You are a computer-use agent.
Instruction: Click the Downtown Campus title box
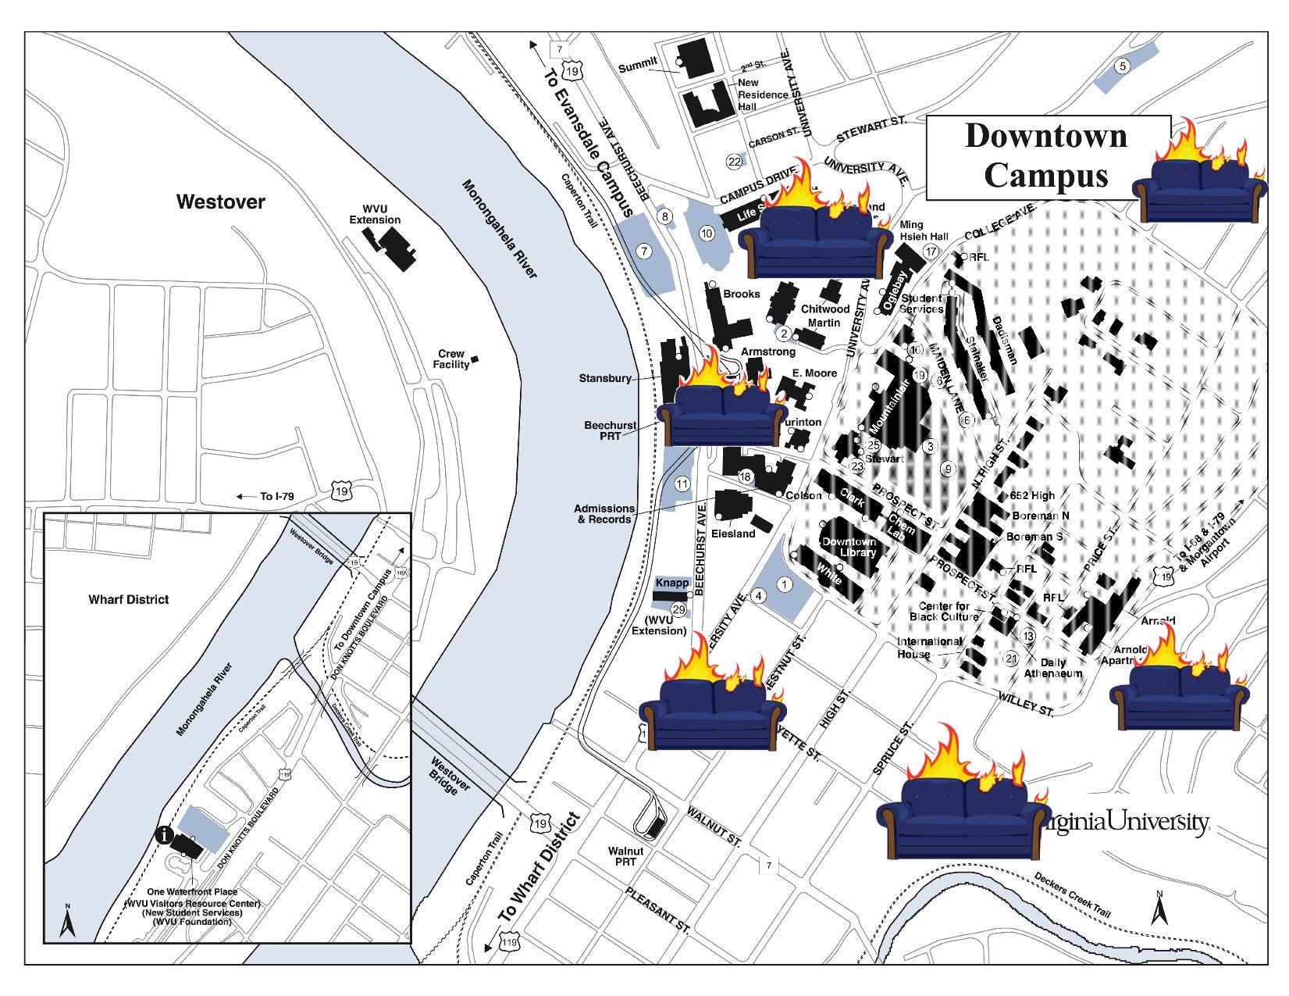point(1046,156)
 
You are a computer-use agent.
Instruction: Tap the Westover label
point(221,202)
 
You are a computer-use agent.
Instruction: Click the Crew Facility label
point(451,359)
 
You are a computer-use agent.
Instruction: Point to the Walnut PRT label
point(625,856)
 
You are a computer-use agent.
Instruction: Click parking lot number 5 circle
point(1122,66)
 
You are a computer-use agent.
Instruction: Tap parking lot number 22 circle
point(734,162)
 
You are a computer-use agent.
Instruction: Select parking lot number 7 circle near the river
point(644,252)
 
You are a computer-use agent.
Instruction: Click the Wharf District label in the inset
point(128,599)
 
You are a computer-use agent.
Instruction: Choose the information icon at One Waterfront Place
point(164,834)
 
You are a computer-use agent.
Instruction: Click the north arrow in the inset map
point(68,922)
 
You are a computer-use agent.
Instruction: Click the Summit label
point(638,66)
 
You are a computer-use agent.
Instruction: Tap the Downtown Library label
point(849,547)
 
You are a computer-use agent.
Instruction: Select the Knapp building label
point(671,583)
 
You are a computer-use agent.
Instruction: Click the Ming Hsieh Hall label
point(923,230)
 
